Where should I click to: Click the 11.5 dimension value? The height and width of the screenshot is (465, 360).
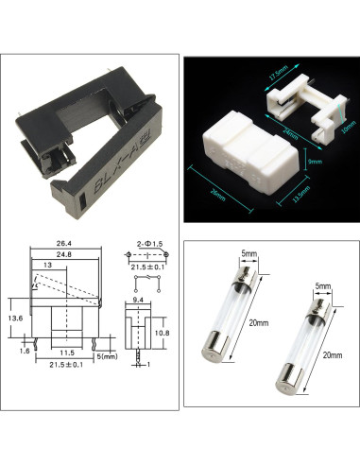(67, 352)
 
